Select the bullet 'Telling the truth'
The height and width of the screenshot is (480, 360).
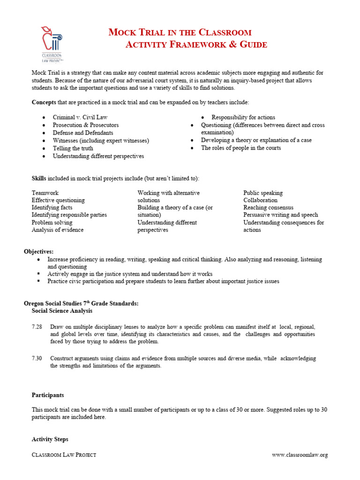(x=74, y=148)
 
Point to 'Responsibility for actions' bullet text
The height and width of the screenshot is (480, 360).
(x=243, y=117)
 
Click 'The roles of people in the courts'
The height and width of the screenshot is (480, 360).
(x=241, y=148)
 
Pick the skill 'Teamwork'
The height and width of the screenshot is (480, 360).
(x=45, y=193)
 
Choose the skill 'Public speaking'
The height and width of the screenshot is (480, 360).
(x=263, y=193)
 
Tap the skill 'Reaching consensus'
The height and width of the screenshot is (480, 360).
(x=268, y=208)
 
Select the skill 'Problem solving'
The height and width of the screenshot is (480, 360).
(x=52, y=223)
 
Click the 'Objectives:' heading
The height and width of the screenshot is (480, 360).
(x=39, y=252)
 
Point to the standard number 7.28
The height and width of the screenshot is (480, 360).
(x=37, y=327)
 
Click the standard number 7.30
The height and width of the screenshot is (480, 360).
(x=37, y=359)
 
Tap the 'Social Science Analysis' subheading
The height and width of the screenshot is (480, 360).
(x=62, y=311)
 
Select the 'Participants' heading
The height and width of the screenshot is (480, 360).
(x=48, y=395)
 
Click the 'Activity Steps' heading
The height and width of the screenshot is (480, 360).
(x=50, y=439)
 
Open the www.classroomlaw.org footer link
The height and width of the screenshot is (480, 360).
(x=300, y=455)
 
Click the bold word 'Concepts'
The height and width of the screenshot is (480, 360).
(x=44, y=102)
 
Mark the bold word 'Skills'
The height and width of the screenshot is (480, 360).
(x=39, y=179)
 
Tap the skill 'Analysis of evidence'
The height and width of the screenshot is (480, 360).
(x=58, y=230)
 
